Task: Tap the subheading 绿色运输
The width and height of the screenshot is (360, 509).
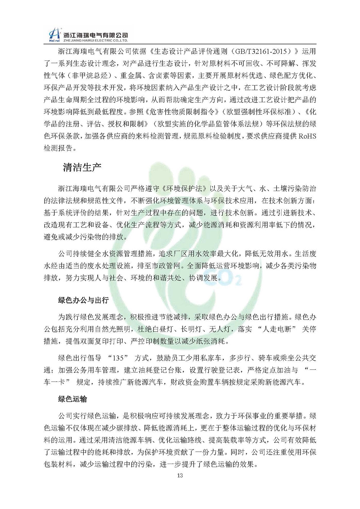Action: click(72, 400)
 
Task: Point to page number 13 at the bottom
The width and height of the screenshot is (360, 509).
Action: click(180, 476)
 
